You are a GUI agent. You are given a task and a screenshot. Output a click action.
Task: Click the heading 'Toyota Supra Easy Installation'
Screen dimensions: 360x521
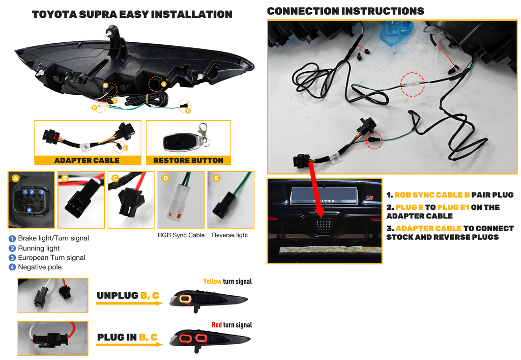(132, 14)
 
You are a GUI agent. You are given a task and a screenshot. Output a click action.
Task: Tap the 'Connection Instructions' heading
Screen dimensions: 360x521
(345, 11)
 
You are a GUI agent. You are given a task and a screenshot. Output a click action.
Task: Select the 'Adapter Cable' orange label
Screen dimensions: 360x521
(86, 160)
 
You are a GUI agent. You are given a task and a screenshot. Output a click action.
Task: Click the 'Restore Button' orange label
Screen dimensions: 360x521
(188, 160)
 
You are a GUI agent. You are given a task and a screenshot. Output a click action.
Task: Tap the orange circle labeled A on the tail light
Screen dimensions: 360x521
(164, 84)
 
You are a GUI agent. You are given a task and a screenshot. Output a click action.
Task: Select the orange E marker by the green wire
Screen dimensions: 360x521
(188, 110)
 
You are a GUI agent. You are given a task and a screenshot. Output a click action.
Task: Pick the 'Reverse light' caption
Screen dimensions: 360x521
(230, 235)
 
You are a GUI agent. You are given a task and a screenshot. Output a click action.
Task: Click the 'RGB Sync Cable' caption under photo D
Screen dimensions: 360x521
(181, 235)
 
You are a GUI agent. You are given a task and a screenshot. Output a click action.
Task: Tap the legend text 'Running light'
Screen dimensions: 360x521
(39, 248)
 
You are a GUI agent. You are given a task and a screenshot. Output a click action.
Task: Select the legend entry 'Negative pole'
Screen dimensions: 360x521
(40, 267)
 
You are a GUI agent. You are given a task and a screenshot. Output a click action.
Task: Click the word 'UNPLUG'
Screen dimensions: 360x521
(118, 296)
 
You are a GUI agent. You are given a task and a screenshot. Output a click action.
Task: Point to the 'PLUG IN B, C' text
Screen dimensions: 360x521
(127, 337)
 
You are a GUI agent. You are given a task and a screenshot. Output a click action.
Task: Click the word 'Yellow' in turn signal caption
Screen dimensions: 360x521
(212, 282)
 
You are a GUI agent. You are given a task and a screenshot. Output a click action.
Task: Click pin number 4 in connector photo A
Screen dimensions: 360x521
(29, 210)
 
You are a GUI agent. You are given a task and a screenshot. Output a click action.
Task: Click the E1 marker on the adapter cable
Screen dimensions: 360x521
(125, 148)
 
